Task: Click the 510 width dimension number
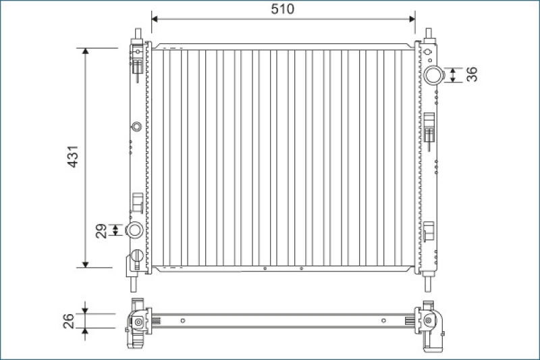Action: (x=282, y=9)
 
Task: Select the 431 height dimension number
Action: (x=74, y=157)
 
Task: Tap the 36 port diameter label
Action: (x=472, y=74)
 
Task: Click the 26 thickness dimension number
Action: (x=69, y=321)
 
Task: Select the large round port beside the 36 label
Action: (x=432, y=75)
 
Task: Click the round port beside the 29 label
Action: (x=134, y=230)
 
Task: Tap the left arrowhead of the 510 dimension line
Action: (x=155, y=19)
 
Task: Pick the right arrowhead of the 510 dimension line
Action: (x=412, y=19)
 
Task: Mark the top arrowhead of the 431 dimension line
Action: (x=86, y=51)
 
